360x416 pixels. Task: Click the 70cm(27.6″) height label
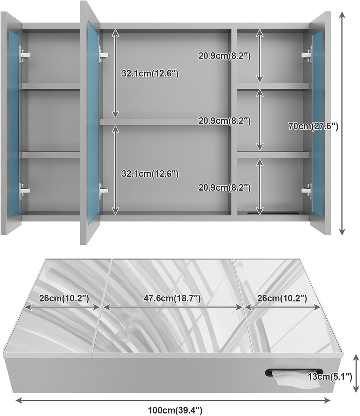pyautogui.click(x=313, y=126)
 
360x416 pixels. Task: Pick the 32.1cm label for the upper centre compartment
pyautogui.click(x=150, y=74)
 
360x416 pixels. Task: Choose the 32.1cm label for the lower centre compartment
pyautogui.click(x=150, y=173)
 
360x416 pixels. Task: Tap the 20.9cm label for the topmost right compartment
pyautogui.click(x=224, y=56)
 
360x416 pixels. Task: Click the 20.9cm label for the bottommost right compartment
pyautogui.click(x=224, y=187)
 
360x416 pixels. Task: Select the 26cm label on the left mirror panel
pyautogui.click(x=64, y=299)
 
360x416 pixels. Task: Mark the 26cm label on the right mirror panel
pyautogui.click(x=282, y=299)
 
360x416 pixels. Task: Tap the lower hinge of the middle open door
pyautogui.click(x=103, y=189)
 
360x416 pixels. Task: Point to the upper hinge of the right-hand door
pyautogui.click(x=306, y=54)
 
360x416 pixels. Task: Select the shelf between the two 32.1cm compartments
pyautogui.click(x=164, y=121)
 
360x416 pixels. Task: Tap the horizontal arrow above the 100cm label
pyautogui.click(x=173, y=400)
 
